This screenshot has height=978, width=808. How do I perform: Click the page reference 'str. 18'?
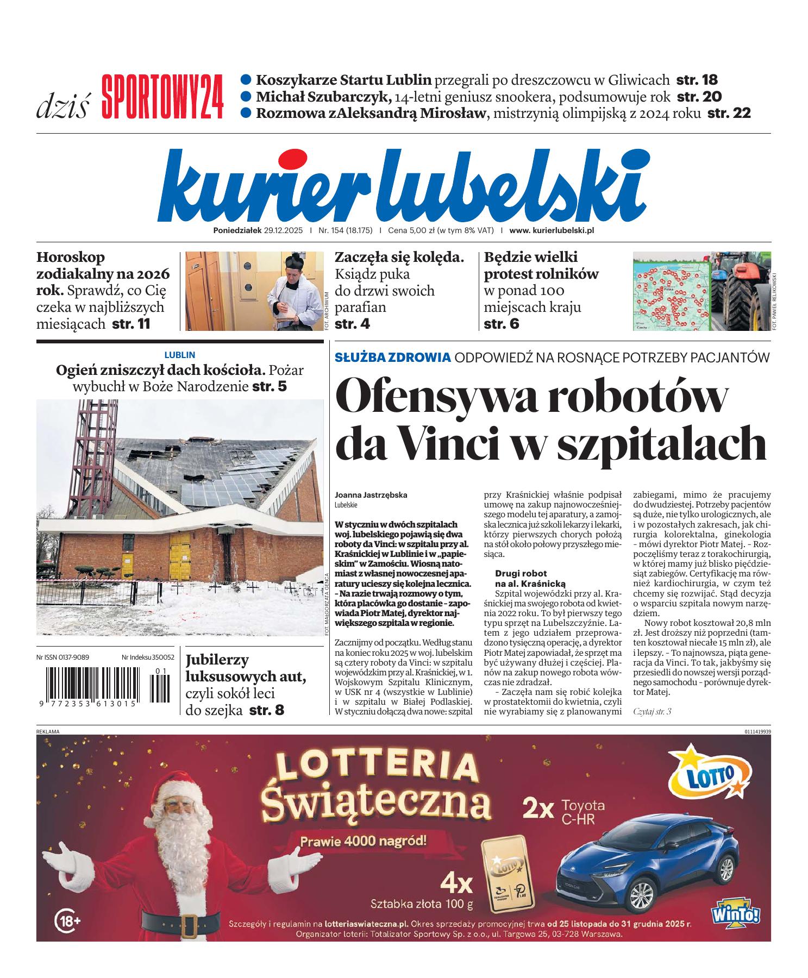697,80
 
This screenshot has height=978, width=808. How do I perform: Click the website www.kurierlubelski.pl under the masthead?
552,230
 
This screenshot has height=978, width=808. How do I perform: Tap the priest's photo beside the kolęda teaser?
254,291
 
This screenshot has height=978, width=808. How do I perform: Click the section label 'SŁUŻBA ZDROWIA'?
393,357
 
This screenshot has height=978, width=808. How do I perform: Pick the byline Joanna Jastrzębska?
371,495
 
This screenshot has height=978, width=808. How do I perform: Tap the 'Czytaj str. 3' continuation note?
652,711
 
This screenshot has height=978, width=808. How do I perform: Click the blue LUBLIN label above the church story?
179,355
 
